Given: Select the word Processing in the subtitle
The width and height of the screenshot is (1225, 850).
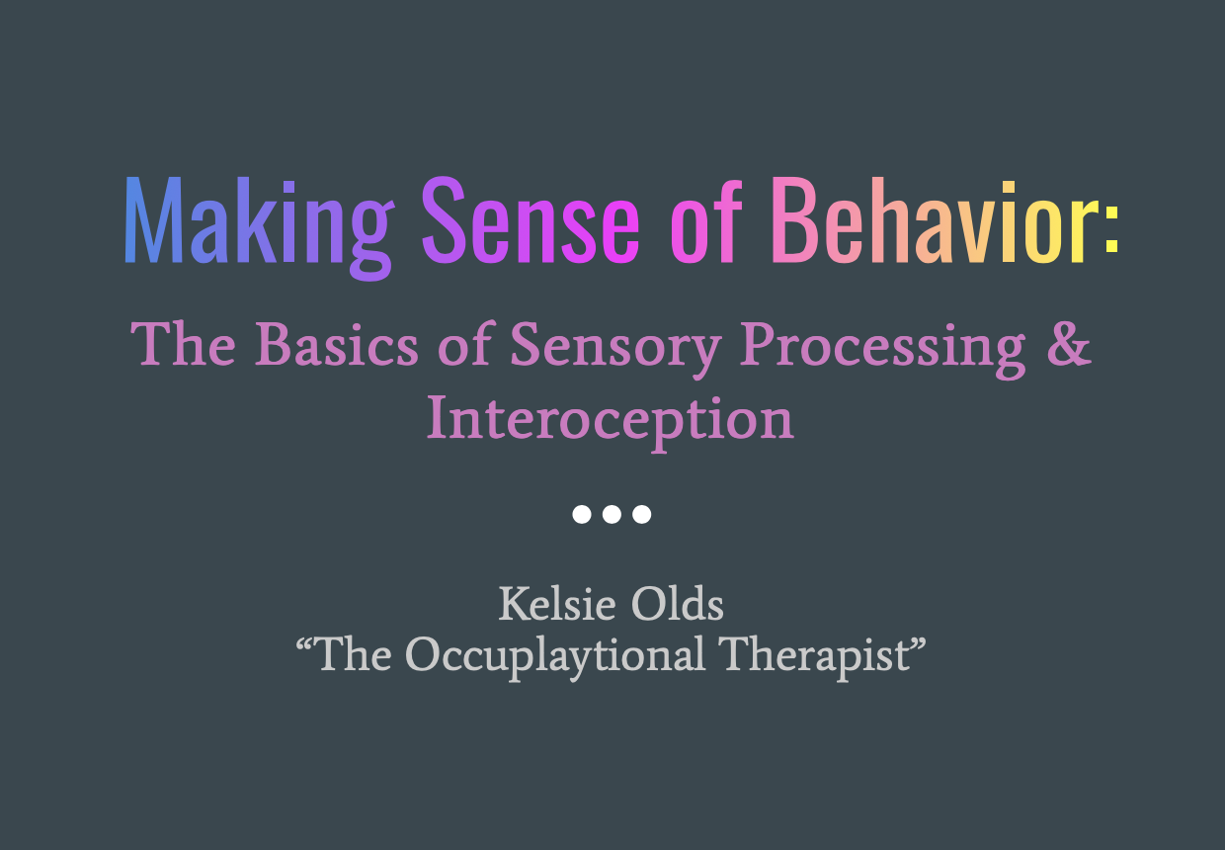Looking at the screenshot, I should pos(883,346).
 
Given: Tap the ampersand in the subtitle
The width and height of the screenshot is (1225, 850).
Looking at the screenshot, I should pos(1071,344).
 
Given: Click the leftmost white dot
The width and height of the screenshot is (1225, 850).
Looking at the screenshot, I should pos(582,514).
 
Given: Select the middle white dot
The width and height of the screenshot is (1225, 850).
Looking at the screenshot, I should pos(612,514).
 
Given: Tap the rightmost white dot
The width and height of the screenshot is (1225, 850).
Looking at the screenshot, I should pos(642,514).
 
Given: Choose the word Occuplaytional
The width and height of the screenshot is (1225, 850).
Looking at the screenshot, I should pos(555,654).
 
